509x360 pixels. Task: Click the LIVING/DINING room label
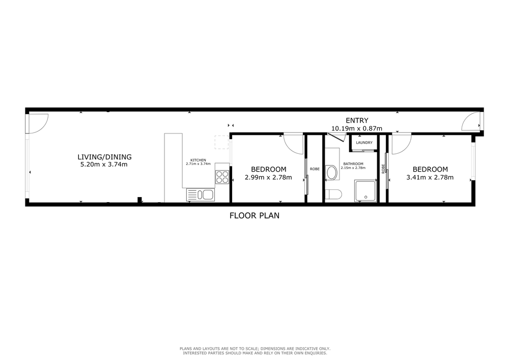click(104, 157)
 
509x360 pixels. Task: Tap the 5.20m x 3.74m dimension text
click(104, 164)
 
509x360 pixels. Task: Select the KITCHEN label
click(198, 160)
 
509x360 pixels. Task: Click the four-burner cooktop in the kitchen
click(222, 177)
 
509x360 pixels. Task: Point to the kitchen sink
click(200, 195)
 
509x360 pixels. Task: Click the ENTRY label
click(357, 121)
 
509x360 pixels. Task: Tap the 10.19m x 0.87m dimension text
click(356, 128)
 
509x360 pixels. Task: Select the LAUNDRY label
click(364, 143)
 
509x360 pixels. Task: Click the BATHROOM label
click(353, 164)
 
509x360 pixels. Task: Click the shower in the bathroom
click(365, 191)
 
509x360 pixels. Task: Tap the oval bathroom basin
click(332, 173)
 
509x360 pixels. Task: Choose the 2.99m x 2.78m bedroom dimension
click(268, 178)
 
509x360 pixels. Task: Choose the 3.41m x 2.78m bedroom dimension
click(430, 178)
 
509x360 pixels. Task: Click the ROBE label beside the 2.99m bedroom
click(315, 169)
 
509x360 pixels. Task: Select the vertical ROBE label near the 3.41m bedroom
click(383, 169)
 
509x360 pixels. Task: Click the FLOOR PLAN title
click(254, 215)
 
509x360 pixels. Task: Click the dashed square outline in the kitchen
click(222, 142)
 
